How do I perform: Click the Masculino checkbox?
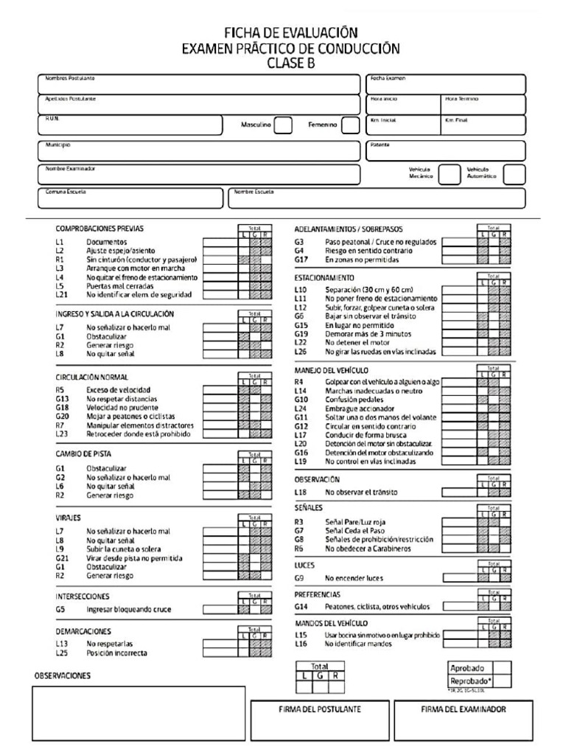(283, 125)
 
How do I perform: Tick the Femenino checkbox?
(351, 125)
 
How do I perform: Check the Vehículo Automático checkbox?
(514, 174)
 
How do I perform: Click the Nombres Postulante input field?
(198, 85)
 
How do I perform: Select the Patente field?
(446, 151)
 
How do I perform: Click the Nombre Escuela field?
(377, 198)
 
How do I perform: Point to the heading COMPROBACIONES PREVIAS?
(99, 229)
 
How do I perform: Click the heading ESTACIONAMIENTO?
(324, 278)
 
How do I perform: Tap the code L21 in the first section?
(61, 294)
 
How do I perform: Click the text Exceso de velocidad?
(119, 389)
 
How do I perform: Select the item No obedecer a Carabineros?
(372, 549)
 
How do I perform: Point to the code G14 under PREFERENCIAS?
(300, 606)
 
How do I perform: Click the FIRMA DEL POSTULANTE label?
(320, 709)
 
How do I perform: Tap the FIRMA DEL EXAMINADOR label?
(463, 709)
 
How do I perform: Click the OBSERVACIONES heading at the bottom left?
(63, 675)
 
